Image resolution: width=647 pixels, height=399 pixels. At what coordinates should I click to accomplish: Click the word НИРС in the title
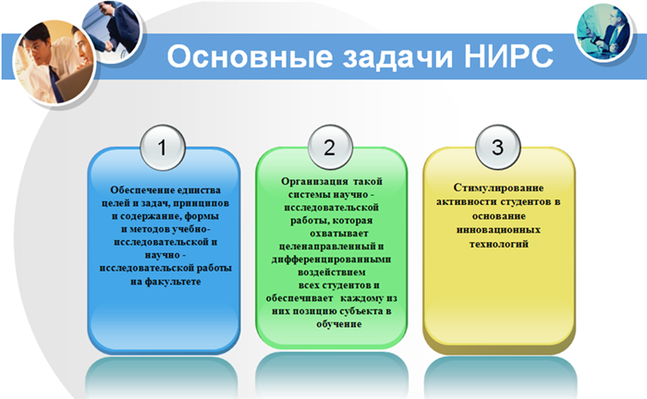508,55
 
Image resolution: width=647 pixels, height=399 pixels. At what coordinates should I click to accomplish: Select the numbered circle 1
163,148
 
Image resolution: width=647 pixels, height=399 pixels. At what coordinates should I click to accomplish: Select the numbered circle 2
330,147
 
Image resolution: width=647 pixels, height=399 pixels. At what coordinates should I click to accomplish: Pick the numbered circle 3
497,147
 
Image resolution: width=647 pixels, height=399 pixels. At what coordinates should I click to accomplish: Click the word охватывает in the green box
339,234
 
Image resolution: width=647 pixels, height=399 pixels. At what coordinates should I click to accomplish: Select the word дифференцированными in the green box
331,260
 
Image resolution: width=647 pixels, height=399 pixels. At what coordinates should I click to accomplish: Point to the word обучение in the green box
339,324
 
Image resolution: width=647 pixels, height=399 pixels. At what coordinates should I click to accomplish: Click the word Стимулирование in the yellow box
498,188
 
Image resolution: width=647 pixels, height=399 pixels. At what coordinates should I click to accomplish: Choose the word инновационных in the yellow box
498,230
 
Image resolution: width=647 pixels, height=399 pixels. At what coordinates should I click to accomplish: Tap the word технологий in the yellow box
498,244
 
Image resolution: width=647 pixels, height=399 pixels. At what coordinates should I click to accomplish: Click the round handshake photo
113,31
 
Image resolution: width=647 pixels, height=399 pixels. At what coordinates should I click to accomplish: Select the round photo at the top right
604,31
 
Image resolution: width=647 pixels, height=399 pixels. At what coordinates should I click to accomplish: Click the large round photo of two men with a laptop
54,62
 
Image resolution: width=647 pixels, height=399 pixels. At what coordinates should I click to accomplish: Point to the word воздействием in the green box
332,272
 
